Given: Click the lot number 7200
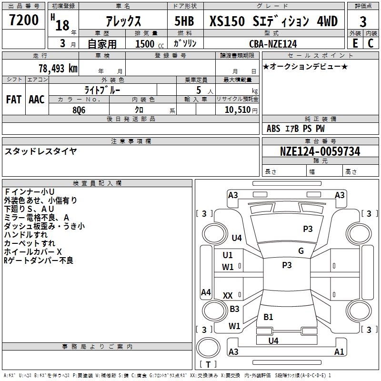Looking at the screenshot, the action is (24, 20).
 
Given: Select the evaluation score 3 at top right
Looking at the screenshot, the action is (363, 21).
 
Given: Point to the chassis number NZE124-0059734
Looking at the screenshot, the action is (320, 151).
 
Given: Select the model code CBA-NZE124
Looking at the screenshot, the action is (273, 44).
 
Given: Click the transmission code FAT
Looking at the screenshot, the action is (13, 100).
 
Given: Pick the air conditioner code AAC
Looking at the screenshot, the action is (37, 100).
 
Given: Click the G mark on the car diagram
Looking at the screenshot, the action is (301, 251).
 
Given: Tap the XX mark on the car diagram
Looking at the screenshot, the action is (228, 296).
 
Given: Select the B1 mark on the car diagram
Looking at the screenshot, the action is (269, 317).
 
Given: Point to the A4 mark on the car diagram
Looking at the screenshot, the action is (206, 292).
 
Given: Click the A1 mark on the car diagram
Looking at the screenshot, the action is (339, 352).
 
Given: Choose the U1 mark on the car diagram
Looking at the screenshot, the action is (228, 255).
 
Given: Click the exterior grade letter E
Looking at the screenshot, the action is (355, 43).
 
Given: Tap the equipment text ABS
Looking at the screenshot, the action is (273, 129).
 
